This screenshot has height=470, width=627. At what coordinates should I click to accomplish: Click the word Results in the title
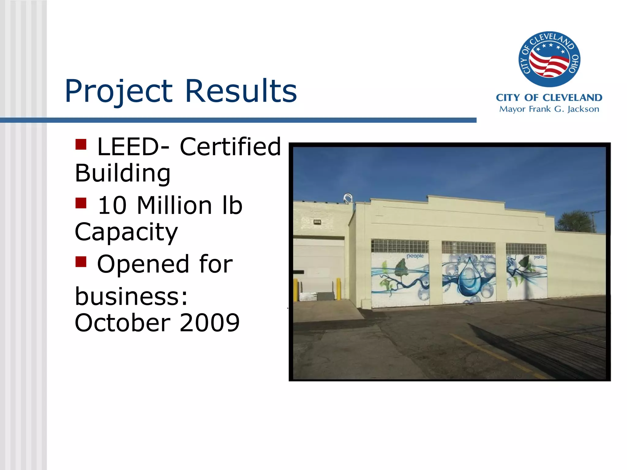click(x=241, y=91)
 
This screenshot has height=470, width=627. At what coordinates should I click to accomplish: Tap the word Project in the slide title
click(x=119, y=91)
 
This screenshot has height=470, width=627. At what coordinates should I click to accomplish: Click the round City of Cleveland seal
click(x=549, y=59)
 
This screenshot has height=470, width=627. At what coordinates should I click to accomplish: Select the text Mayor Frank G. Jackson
click(x=549, y=109)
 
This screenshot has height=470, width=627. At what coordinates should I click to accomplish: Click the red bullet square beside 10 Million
click(x=81, y=203)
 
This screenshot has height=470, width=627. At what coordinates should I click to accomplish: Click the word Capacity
click(x=126, y=232)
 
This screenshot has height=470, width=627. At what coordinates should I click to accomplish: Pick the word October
click(x=122, y=323)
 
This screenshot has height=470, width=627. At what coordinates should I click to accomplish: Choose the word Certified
click(x=230, y=147)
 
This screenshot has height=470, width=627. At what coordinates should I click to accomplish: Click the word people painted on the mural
click(x=415, y=256)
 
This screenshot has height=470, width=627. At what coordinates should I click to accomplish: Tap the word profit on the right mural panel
click(x=539, y=257)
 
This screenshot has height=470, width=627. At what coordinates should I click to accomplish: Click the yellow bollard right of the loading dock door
click(x=339, y=289)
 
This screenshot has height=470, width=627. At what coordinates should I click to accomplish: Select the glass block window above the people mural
click(x=400, y=246)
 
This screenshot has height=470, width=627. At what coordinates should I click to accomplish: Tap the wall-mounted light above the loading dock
click(x=317, y=222)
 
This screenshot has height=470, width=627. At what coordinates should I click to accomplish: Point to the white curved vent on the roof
click(x=348, y=198)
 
